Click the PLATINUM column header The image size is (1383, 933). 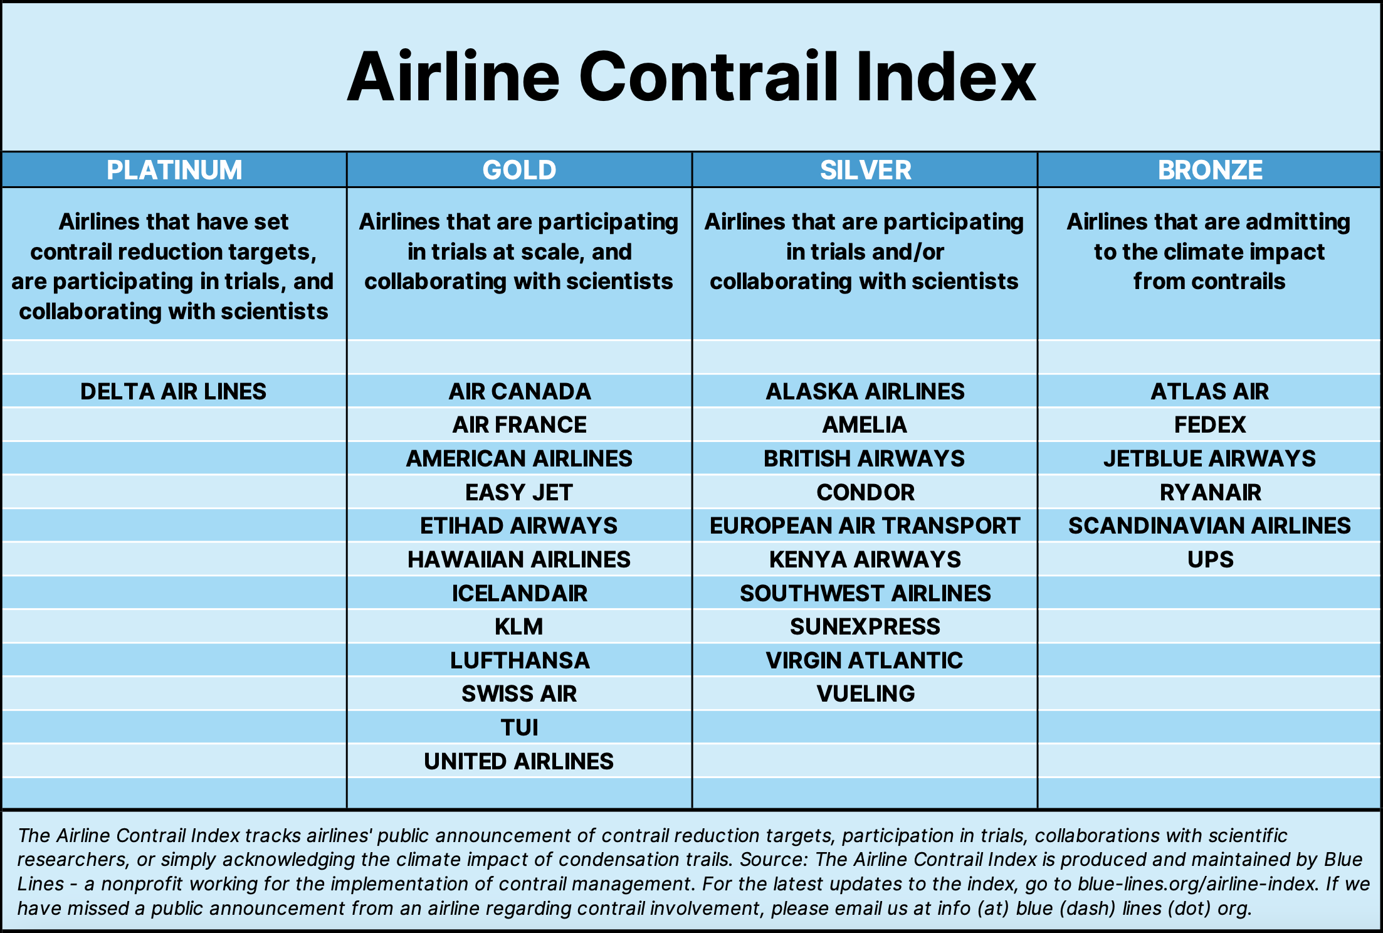[x=174, y=170]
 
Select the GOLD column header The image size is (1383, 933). [x=519, y=170]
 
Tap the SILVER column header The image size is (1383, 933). [x=865, y=170]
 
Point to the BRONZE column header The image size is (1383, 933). [x=1210, y=170]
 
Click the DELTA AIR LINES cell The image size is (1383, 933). [x=174, y=391]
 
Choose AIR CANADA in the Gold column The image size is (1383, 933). [x=520, y=391]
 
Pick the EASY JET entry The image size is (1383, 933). [x=519, y=492]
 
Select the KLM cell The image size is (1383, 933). [x=519, y=626]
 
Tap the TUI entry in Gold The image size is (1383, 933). [x=519, y=727]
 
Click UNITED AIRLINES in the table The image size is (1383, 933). [x=519, y=761]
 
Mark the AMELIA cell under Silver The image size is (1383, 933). [x=865, y=424]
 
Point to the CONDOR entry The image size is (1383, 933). [x=865, y=492]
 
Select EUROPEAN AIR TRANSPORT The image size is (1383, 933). [x=865, y=525]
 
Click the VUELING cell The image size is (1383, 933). [x=865, y=693]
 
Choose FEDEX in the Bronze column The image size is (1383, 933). [x=1210, y=424]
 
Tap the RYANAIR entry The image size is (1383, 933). [x=1210, y=492]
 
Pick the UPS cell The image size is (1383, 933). [x=1210, y=559]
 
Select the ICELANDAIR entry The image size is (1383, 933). [x=520, y=593]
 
